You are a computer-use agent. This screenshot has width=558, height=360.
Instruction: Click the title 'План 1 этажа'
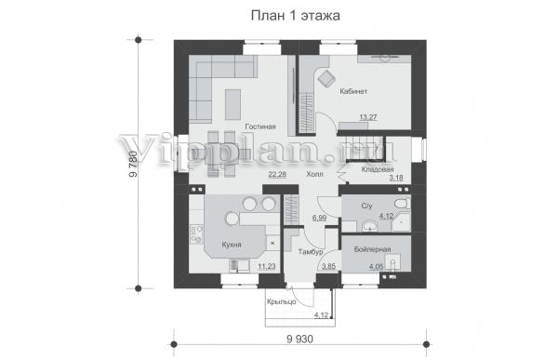pos(296,16)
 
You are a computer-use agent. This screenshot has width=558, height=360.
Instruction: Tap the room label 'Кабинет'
pos(353,91)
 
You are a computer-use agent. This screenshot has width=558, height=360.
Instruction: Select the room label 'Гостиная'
pos(260,127)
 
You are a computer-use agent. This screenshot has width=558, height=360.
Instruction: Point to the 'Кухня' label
pos(232,245)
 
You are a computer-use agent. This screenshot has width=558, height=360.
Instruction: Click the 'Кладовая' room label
pos(378,169)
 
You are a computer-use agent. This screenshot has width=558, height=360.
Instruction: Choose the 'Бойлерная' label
pos(373,249)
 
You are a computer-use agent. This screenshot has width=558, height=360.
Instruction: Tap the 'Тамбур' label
pos(311,252)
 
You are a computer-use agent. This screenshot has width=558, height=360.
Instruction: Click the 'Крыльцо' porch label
pos(282,302)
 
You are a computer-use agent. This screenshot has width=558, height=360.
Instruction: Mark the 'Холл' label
pos(315,174)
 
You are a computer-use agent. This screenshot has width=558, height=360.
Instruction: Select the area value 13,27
pos(368,117)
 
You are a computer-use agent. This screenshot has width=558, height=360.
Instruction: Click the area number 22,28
pos(277,174)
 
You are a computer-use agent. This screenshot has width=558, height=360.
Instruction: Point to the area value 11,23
pos(267,266)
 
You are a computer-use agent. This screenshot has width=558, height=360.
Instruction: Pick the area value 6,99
pos(320,218)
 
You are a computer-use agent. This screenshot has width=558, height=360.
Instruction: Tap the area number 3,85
pos(328,266)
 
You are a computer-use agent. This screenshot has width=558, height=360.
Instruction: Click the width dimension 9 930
pos(300,340)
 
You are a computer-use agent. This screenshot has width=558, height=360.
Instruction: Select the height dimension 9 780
pos(133,164)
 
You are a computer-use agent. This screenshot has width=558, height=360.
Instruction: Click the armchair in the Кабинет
pos(326,78)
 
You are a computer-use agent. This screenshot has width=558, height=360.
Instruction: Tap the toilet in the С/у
pos(403,204)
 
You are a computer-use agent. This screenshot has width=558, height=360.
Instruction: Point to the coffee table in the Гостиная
pos(232,104)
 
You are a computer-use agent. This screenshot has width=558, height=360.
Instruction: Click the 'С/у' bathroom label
pos(367,206)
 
